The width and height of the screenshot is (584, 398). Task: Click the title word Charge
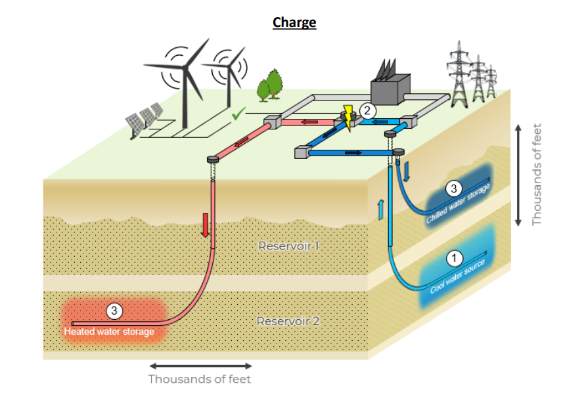point(294,22)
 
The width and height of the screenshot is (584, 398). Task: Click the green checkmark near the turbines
point(238,116)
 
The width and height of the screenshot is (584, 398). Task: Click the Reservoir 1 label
point(288,247)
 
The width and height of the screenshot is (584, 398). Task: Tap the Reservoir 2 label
point(288,322)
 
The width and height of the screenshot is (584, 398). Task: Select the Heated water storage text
point(109,332)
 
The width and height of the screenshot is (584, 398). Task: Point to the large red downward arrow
point(206,224)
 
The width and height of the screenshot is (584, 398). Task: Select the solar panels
point(145,118)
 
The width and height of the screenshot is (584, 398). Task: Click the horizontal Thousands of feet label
point(199,379)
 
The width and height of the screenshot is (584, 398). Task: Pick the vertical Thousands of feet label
point(537,175)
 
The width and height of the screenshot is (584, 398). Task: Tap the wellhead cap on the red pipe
point(213,160)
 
